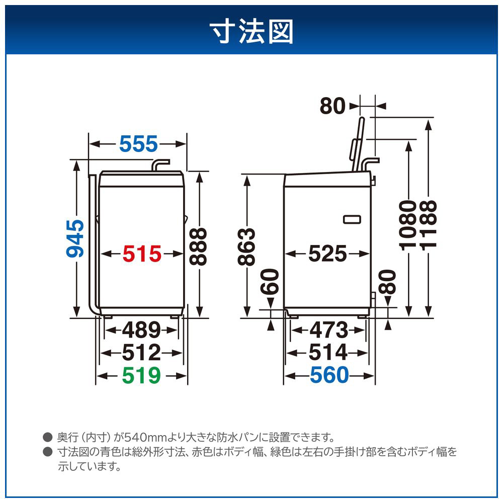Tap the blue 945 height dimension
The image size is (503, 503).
(75, 238)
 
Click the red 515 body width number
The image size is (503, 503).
(142, 254)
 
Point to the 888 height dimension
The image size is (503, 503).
(198, 246)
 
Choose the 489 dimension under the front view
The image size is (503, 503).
(141, 330)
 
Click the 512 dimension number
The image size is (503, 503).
(141, 353)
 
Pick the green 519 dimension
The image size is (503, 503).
(141, 375)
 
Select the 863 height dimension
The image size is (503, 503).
(246, 246)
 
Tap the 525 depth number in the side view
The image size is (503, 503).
(327, 254)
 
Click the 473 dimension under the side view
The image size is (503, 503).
(328, 330)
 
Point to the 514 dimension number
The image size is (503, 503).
(328, 353)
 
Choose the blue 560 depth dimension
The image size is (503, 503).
(329, 375)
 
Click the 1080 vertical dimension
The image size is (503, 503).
(408, 225)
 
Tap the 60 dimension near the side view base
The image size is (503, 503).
(270, 282)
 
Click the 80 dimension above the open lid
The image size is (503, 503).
(332, 106)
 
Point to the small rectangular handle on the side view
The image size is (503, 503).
(352, 220)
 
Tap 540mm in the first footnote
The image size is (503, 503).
(146, 437)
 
